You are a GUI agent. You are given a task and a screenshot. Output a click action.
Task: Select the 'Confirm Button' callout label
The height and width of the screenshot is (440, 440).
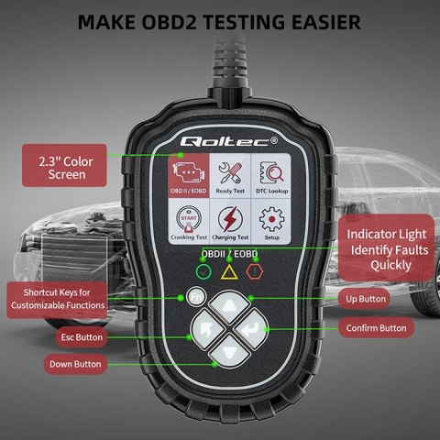click(x=377, y=327)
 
